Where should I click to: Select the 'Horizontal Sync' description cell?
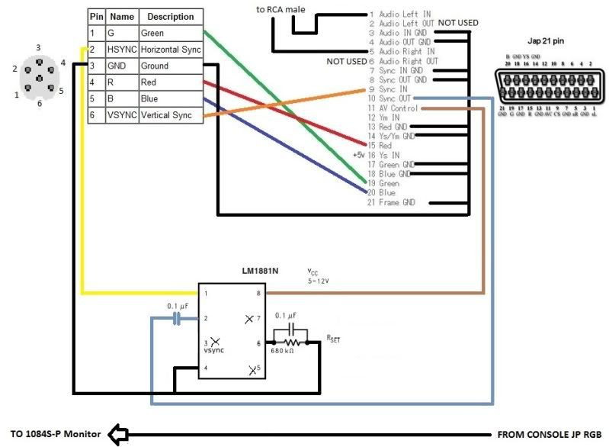click(x=170, y=50)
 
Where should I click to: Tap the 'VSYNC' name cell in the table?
click(x=121, y=115)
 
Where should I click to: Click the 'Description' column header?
click(x=170, y=16)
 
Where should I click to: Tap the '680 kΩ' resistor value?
click(x=284, y=352)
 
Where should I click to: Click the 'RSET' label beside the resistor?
click(x=333, y=336)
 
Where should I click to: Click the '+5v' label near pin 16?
click(x=360, y=155)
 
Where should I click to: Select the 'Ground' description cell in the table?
click(x=170, y=66)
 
